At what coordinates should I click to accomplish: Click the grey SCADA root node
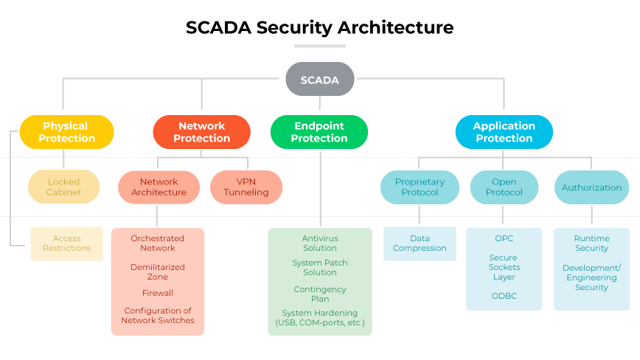tap(319, 80)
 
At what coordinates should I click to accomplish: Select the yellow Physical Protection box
tap(66, 132)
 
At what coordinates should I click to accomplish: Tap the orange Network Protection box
tap(201, 132)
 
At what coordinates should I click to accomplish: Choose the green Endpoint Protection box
tap(319, 132)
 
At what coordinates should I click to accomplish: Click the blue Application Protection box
tap(504, 132)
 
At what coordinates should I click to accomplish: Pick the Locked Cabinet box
tap(64, 187)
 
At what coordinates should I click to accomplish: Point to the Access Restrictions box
tap(66, 243)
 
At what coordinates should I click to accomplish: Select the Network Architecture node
tap(159, 187)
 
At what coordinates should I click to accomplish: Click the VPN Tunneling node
tap(246, 187)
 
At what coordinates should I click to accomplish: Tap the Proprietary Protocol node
tap(420, 187)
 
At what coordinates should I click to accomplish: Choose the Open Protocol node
tap(504, 187)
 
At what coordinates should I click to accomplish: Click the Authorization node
tap(591, 187)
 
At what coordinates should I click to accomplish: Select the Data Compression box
tap(420, 243)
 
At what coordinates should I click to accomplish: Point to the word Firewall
tap(158, 293)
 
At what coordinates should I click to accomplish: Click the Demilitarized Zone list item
tap(158, 271)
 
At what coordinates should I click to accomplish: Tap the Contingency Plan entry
tap(320, 294)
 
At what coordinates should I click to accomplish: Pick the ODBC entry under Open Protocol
tap(504, 296)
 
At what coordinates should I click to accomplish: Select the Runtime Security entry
tap(591, 243)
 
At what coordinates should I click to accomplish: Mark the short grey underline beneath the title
tap(319, 46)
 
